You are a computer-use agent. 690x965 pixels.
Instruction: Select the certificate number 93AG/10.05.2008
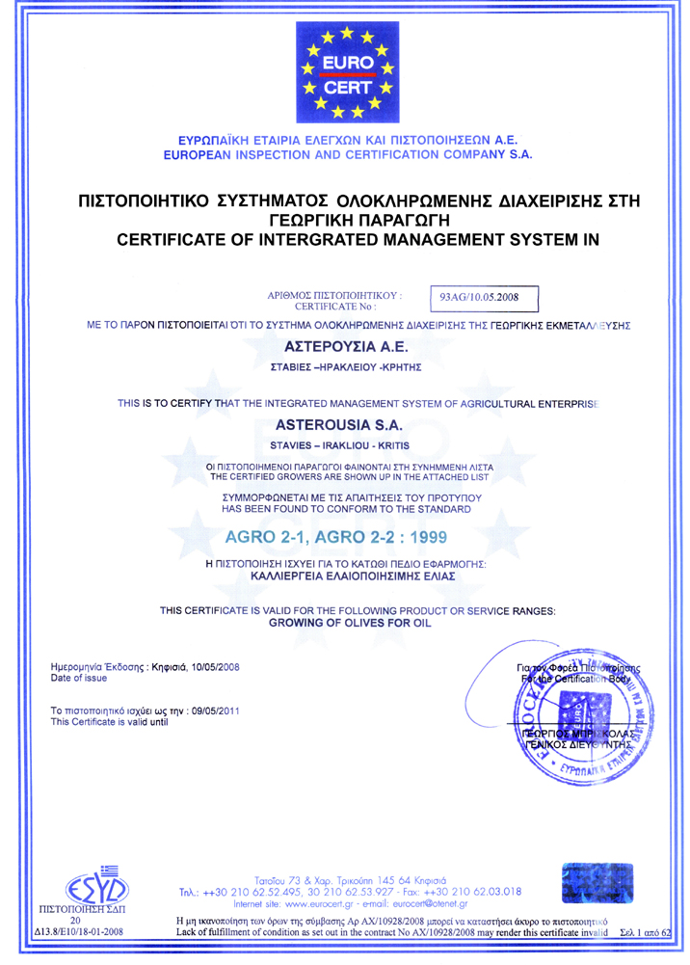click(x=479, y=297)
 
